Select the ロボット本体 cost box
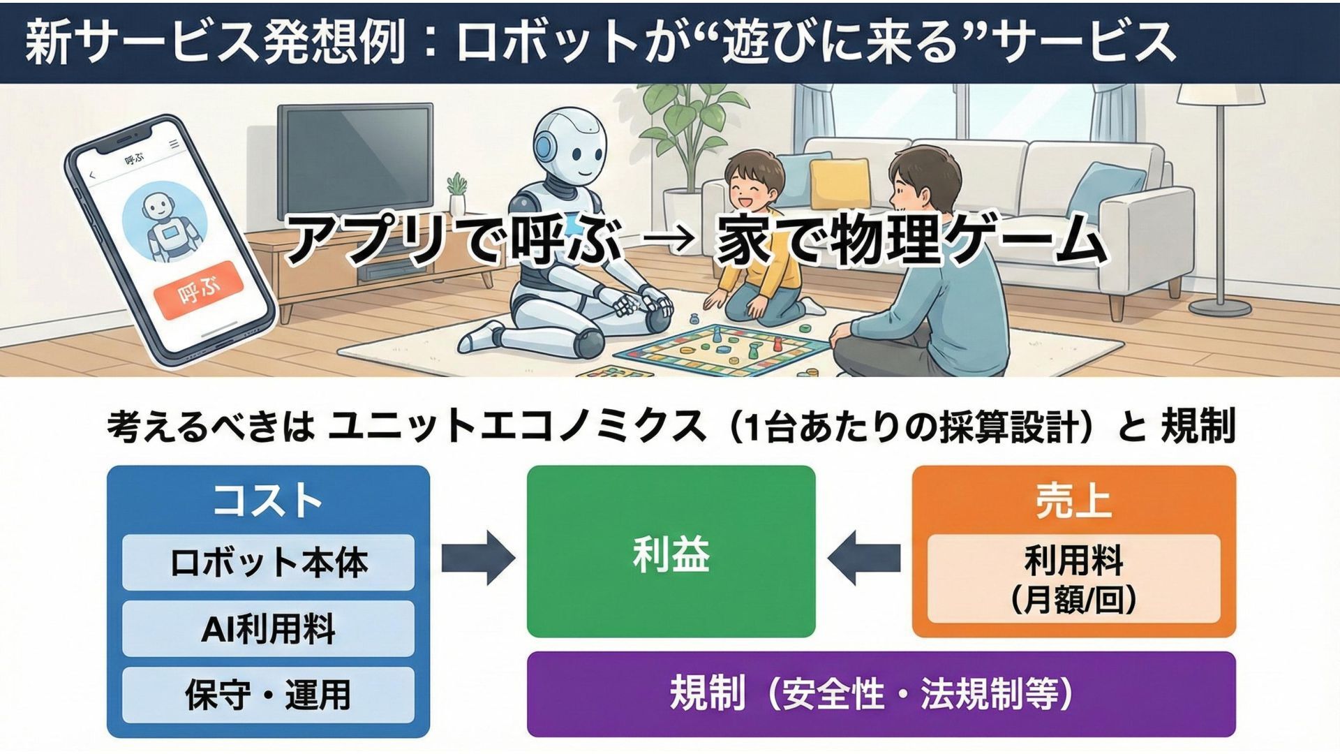tap(268, 562)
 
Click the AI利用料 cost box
tap(268, 628)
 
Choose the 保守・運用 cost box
tap(268, 695)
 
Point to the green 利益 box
tap(671, 552)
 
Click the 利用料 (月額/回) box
tap(1073, 578)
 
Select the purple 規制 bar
tap(881, 693)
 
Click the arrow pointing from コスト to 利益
tap(479, 557)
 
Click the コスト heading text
tap(267, 500)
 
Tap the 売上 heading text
tap(1073, 501)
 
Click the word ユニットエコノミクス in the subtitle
tap(516, 426)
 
